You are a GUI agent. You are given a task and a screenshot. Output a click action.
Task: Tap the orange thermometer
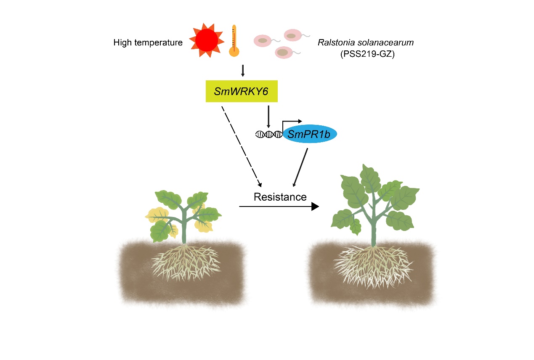(234, 41)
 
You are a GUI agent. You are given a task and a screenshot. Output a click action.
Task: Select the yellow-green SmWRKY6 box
(241, 91)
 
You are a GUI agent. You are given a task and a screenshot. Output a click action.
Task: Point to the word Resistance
(280, 197)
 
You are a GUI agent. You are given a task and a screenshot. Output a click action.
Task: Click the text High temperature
(148, 42)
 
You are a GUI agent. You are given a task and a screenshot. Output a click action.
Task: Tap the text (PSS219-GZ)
(367, 54)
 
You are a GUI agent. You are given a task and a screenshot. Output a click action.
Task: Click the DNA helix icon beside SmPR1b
(268, 134)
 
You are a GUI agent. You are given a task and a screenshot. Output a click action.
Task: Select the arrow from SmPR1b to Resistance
(300, 167)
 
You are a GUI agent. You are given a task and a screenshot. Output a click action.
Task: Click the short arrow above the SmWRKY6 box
(243, 70)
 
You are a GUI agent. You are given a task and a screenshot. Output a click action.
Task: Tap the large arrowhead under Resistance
(314, 206)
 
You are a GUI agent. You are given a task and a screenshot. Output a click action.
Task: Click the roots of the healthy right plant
(372, 265)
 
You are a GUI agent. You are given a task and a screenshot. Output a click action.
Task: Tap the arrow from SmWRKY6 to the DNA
(268, 116)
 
